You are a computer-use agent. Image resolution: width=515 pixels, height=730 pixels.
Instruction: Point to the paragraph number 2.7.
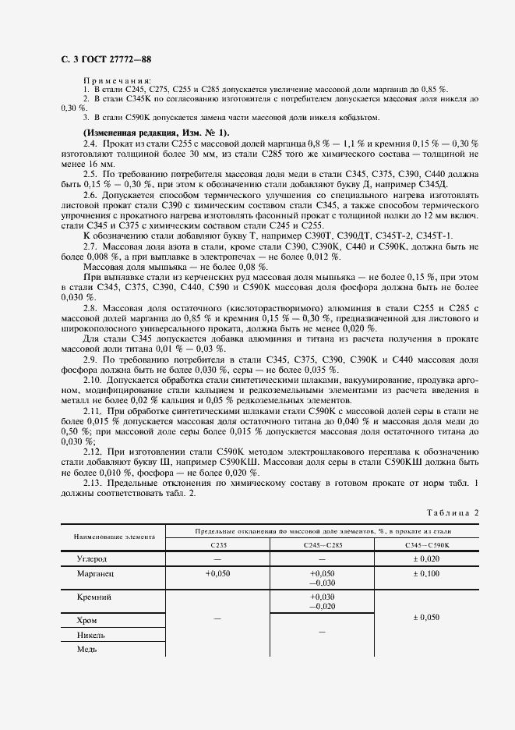point(90,246)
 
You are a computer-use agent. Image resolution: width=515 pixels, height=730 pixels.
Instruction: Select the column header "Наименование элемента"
point(114,537)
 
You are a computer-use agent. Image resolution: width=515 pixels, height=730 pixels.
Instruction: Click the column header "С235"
point(218,544)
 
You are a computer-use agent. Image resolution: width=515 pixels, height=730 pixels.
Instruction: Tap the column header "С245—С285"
point(322,544)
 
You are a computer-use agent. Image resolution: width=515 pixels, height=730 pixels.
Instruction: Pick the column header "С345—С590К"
point(426,544)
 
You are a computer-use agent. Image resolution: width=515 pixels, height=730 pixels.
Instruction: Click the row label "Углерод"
point(92,559)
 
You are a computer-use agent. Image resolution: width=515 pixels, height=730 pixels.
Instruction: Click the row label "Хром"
point(87,620)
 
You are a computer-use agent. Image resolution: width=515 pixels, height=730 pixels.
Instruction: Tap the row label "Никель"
point(91,635)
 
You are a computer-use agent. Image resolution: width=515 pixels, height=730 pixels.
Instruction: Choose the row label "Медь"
point(86,649)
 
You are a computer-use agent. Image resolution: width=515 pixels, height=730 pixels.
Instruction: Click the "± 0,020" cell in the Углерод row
point(426,559)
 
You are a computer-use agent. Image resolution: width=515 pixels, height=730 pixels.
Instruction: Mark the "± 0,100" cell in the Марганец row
point(426,572)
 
